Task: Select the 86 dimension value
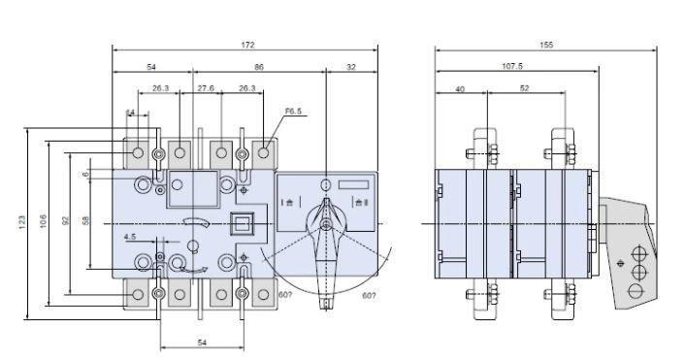[x=257, y=66]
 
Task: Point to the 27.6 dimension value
[x=206, y=88]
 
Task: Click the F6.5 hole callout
[x=295, y=114]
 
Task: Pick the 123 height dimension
[x=21, y=222]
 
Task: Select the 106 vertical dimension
[x=44, y=222]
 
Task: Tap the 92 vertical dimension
[x=65, y=220]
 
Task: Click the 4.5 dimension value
[x=129, y=236]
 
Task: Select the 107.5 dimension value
[x=511, y=67]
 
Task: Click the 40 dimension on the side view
[x=460, y=88]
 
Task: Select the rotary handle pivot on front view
[x=326, y=223]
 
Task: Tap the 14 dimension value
[x=130, y=114]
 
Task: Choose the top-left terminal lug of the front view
[x=138, y=152]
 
